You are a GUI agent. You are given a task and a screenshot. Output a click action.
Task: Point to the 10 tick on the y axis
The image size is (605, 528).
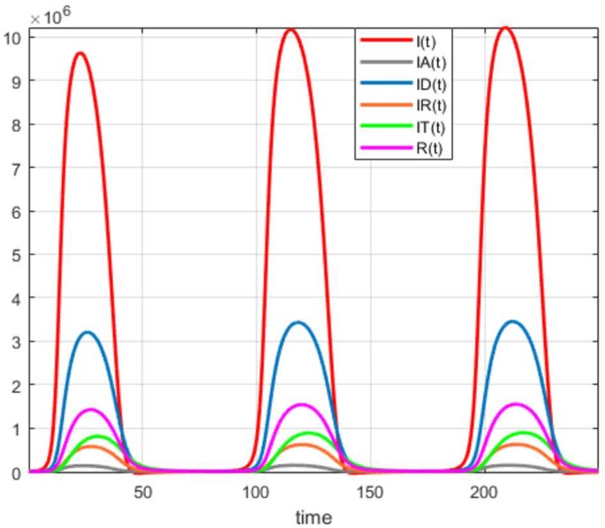[x=13, y=37]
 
